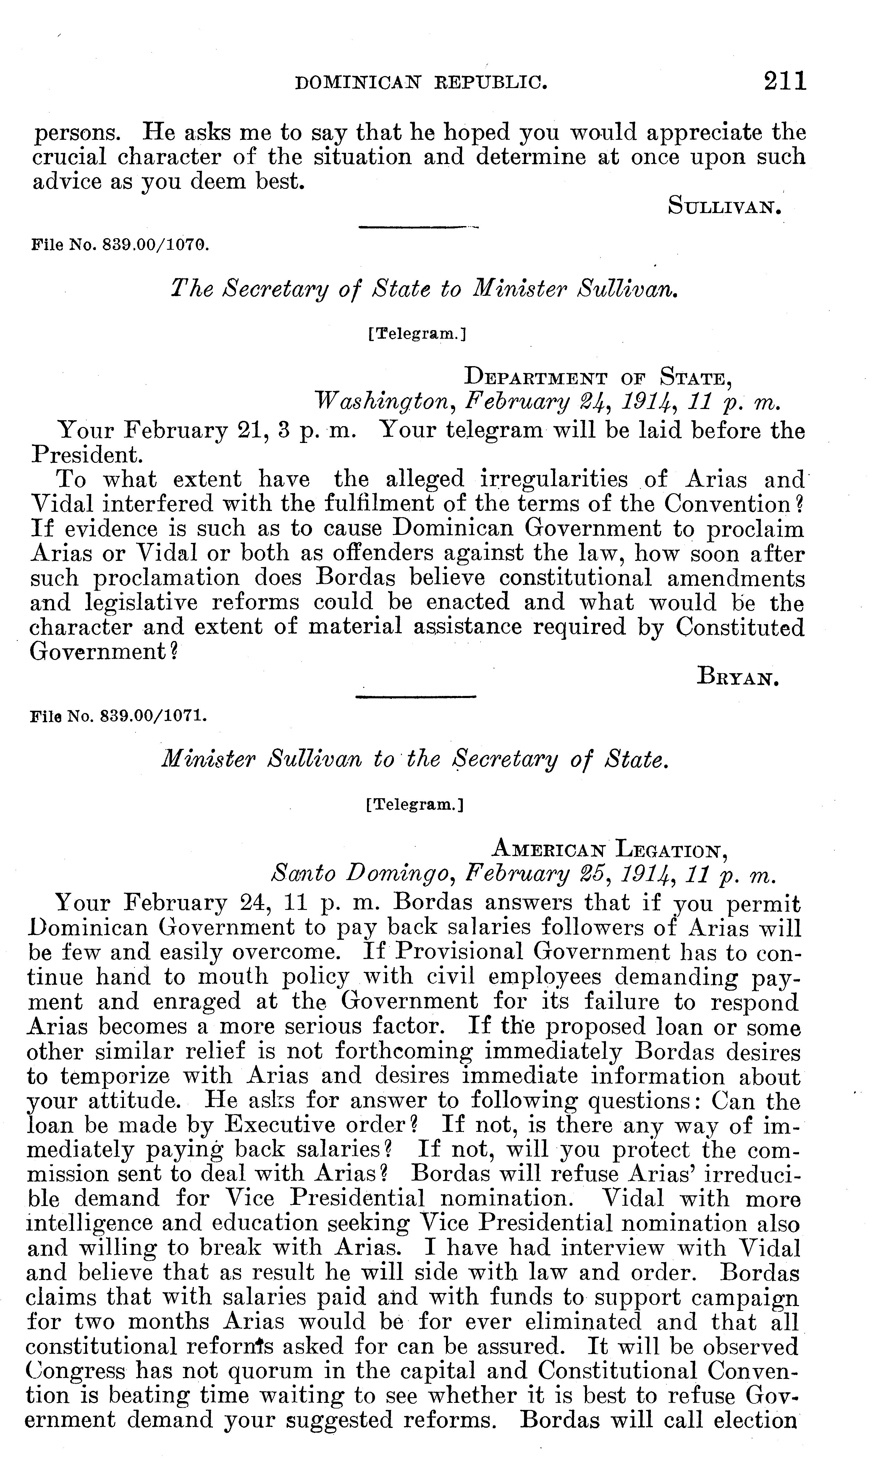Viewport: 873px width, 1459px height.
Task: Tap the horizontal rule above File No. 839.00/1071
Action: pyautogui.click(x=416, y=697)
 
